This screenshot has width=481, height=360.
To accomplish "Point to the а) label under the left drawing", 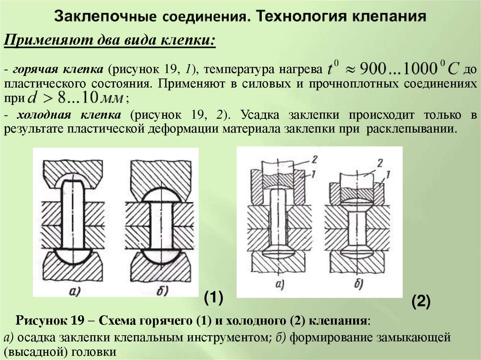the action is [76, 291].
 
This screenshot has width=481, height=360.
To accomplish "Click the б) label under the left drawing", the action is [163, 291].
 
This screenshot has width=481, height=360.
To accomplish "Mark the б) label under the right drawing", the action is [358, 284].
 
